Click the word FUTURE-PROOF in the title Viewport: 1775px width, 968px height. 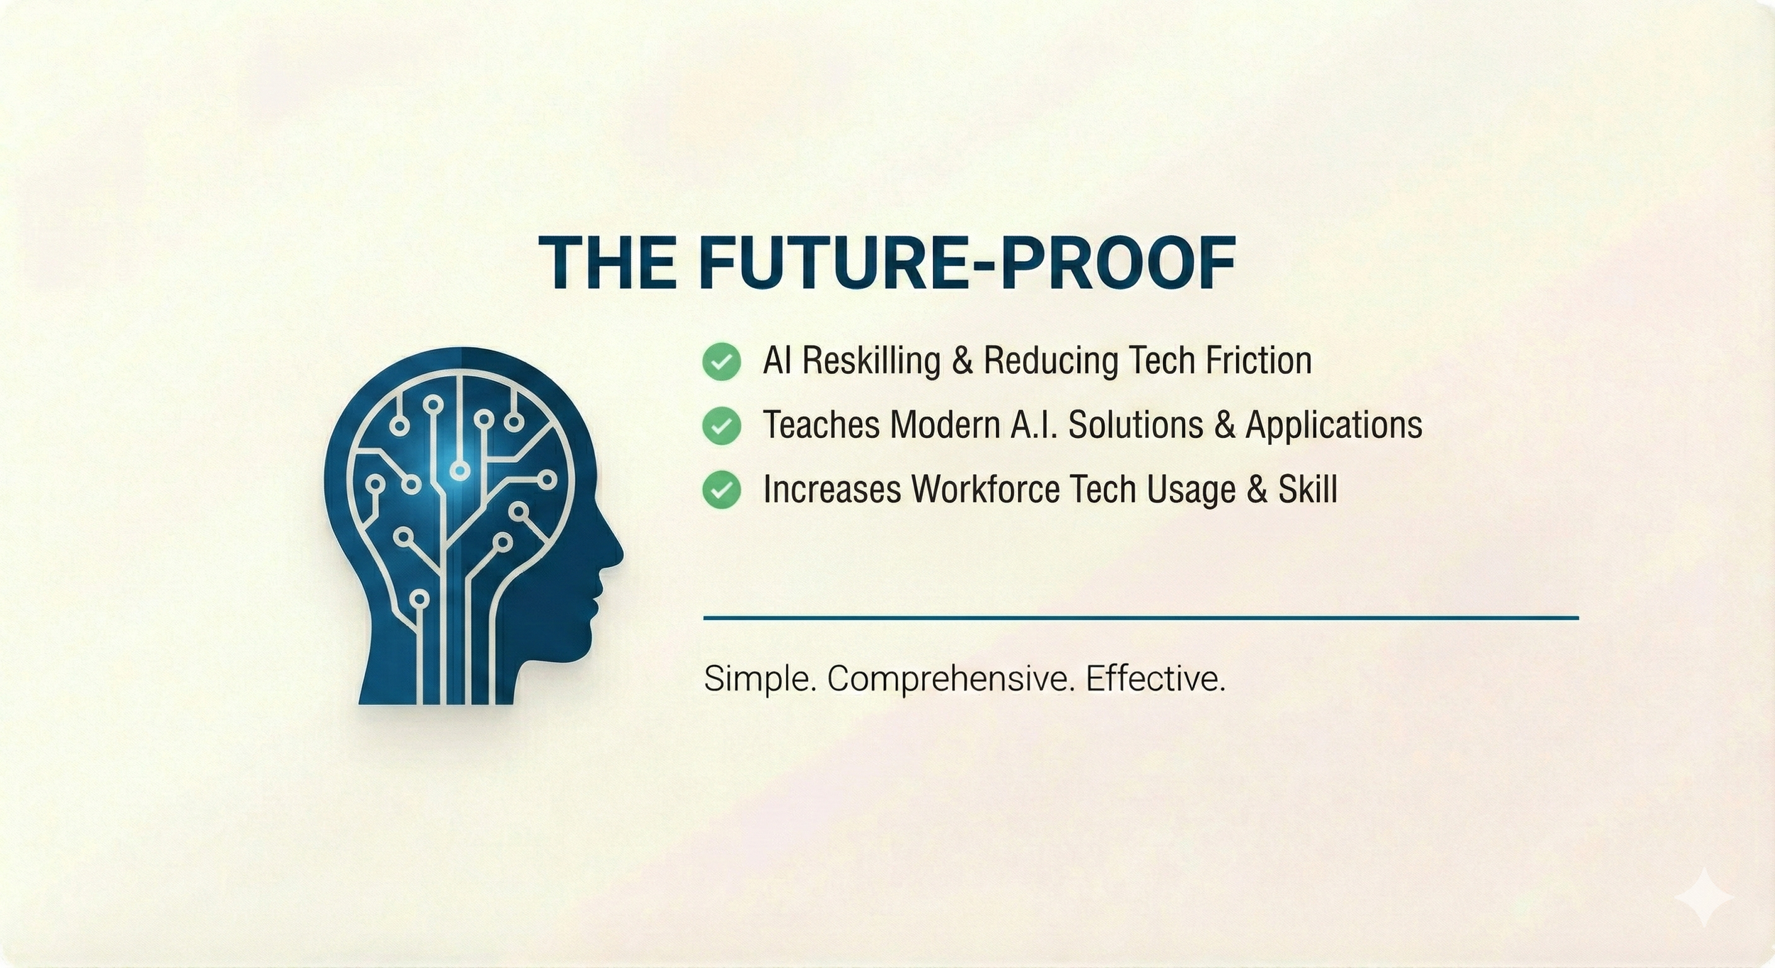[967, 263]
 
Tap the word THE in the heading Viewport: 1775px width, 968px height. [608, 263]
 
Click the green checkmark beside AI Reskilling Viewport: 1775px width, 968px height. [721, 361]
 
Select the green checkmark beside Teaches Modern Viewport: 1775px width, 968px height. [721, 426]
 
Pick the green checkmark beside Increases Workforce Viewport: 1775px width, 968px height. [721, 490]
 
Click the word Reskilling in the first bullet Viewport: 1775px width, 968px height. [872, 361]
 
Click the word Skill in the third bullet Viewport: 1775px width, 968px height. [1308, 489]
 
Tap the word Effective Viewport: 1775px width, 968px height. [1155, 679]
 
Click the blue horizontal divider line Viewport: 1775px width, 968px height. [1140, 618]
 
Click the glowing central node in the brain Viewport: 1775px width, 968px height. [460, 470]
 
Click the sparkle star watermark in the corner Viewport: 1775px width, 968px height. [1704, 897]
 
